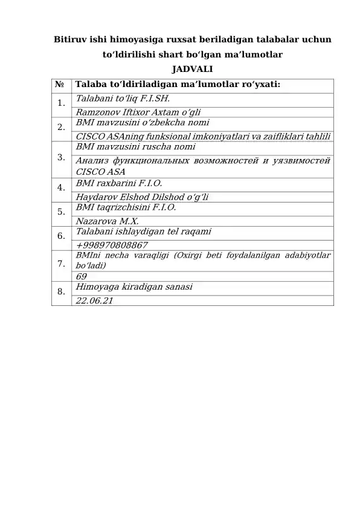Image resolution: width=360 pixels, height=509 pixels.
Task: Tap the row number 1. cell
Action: (x=61, y=103)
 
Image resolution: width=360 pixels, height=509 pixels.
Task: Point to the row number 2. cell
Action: (x=61, y=127)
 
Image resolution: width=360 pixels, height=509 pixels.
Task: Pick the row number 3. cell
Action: (x=61, y=158)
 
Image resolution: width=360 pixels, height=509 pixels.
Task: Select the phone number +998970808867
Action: (x=112, y=245)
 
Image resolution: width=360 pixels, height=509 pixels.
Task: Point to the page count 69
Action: (x=82, y=277)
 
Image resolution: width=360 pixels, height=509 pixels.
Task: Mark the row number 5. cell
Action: (x=61, y=212)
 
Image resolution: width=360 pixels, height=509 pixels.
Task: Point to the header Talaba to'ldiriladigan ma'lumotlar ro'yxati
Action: (x=178, y=85)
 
